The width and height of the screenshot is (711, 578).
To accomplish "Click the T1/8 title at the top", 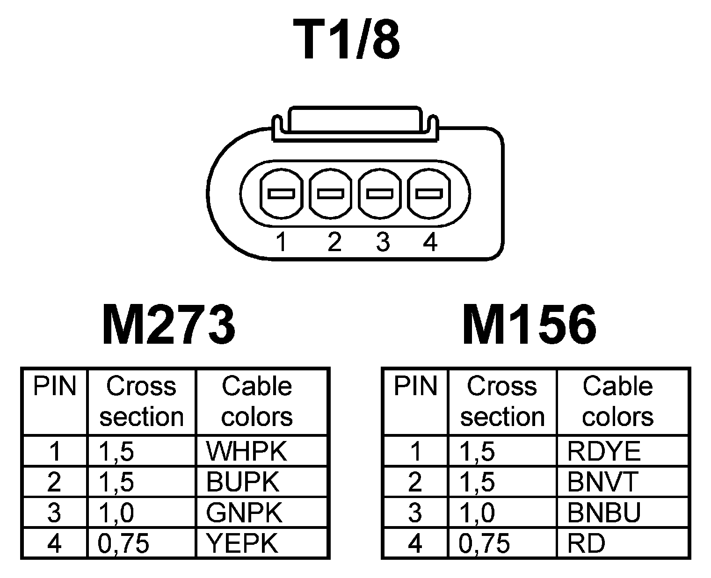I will pos(347,40).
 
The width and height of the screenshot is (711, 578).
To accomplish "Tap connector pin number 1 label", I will pos(281,242).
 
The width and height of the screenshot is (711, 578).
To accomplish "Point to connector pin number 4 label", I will pos(430,242).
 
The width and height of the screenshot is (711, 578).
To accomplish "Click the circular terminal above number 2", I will pos(331,193).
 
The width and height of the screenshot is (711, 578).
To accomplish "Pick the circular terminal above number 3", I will pos(380,193).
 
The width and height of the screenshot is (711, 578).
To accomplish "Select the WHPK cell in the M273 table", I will pos(246,451).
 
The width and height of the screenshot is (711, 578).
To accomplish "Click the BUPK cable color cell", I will pos(242,482).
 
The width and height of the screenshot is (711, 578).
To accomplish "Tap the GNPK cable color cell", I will pos(244,513).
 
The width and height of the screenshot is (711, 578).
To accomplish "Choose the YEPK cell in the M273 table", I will pos(242,543).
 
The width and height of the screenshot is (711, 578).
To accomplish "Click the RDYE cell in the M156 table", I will pos(603,451).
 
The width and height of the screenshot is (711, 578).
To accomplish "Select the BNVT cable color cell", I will pos(602,482).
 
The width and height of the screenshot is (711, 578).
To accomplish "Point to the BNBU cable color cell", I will pos(604,513).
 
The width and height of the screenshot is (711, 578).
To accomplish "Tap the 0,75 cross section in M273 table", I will pos(123,543).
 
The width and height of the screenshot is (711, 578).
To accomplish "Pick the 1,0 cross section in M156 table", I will pos(477,513).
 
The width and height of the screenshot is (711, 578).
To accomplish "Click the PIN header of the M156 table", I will pos(415,387).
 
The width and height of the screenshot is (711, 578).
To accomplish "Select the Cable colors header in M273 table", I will pos(257,401).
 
